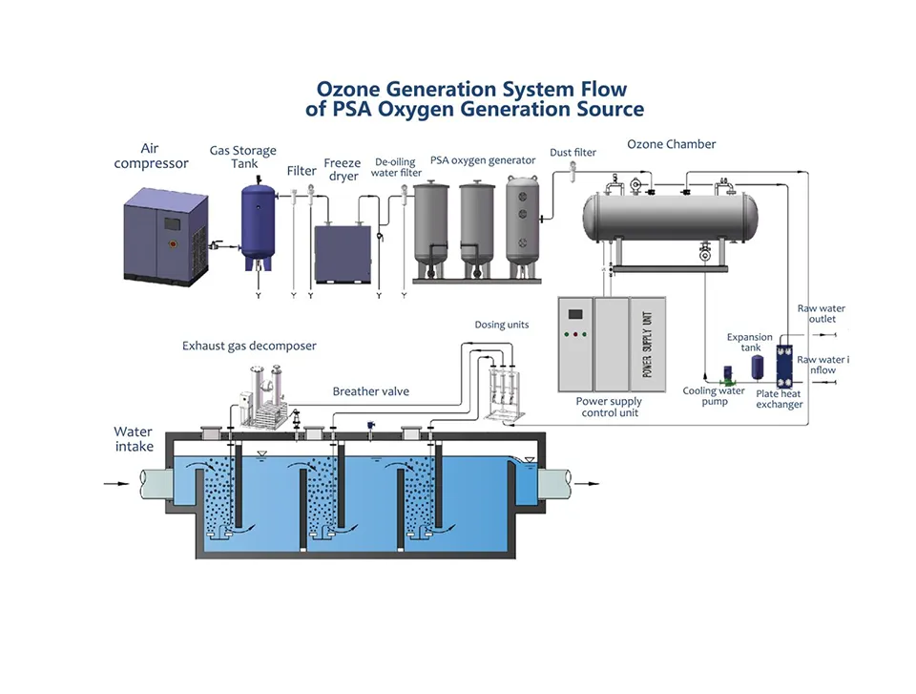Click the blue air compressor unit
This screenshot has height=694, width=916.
[x=166, y=235]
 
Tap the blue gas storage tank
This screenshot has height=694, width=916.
[x=258, y=221]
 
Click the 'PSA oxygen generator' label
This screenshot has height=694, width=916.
[x=483, y=160]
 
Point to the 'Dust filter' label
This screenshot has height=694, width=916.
[x=572, y=153]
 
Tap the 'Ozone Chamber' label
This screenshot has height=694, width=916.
[x=671, y=144]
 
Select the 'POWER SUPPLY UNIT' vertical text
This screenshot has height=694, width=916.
[x=646, y=344]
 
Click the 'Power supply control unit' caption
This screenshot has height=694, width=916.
[x=610, y=408]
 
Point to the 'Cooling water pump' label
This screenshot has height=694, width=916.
[x=713, y=396]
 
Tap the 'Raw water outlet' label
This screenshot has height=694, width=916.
[x=821, y=314]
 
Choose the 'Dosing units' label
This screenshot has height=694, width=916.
[x=502, y=325]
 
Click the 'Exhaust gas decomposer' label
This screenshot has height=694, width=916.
[x=249, y=346]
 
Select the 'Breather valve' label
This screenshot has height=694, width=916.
[x=369, y=391]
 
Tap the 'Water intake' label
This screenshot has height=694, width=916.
[x=133, y=438]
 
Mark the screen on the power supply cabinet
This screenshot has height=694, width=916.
[x=575, y=315]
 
